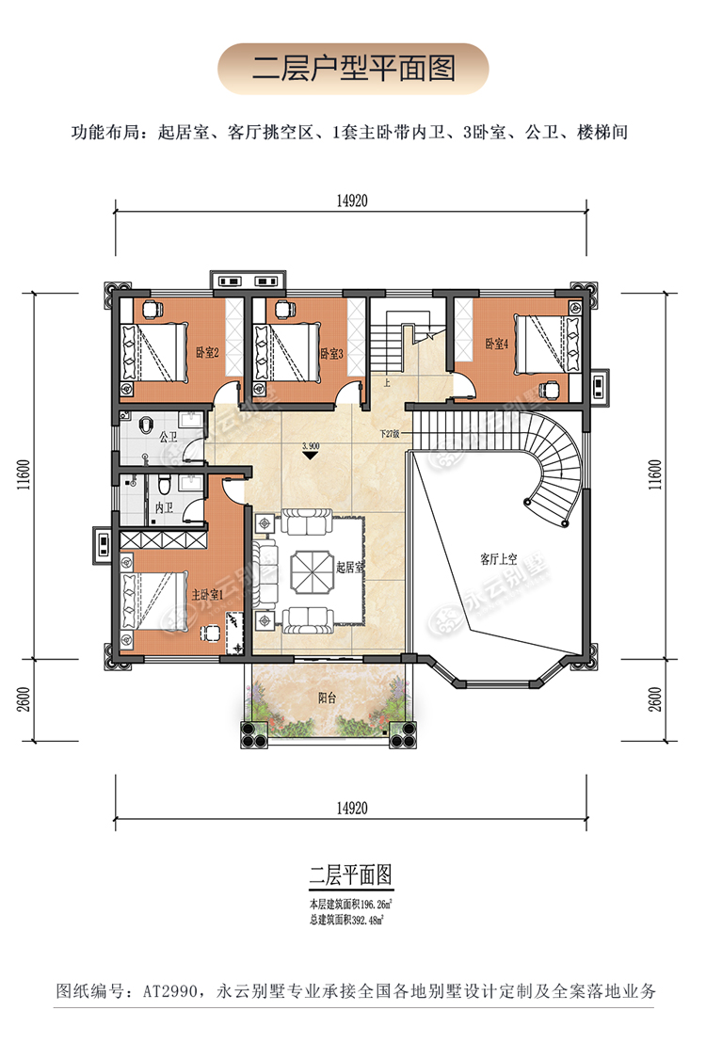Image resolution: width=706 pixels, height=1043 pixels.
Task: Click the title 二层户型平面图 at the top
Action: [x=353, y=69]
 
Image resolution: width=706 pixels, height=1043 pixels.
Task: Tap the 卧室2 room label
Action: [x=207, y=353]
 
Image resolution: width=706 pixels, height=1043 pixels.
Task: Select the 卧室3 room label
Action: [x=331, y=353]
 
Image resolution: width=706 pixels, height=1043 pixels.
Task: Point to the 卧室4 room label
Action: [x=496, y=344]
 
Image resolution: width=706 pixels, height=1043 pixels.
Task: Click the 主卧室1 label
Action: [x=207, y=595]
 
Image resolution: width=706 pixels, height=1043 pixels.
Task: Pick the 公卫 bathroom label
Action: [x=168, y=437]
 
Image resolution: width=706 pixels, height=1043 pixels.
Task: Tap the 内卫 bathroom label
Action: [x=164, y=508]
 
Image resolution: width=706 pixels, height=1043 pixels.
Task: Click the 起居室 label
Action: [x=350, y=567]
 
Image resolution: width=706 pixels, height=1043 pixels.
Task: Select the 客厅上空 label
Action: [x=498, y=559]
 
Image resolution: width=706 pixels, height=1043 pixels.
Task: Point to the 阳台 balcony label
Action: [x=327, y=698]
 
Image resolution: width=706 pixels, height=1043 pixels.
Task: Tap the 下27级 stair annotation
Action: [x=390, y=434]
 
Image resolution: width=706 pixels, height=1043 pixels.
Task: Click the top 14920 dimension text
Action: [x=352, y=201]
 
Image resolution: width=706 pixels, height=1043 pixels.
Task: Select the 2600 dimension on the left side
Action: [x=24, y=699]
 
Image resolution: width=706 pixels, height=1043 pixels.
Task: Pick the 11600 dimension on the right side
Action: [x=655, y=475]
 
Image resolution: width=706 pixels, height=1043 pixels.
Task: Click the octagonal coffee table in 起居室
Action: [x=311, y=570]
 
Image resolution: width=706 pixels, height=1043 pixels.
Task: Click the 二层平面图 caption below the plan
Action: [x=351, y=875]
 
